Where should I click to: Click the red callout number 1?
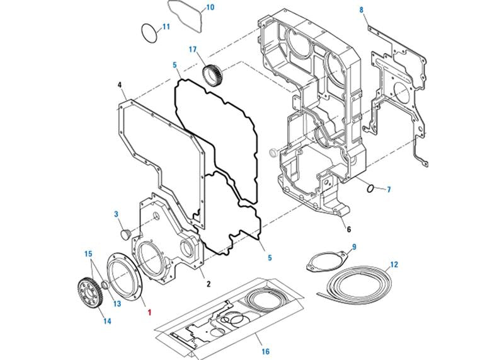point(149,311)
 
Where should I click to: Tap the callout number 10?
point(210,8)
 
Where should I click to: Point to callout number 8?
point(361,10)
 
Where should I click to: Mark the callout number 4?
point(120,84)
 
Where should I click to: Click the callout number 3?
point(117,214)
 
